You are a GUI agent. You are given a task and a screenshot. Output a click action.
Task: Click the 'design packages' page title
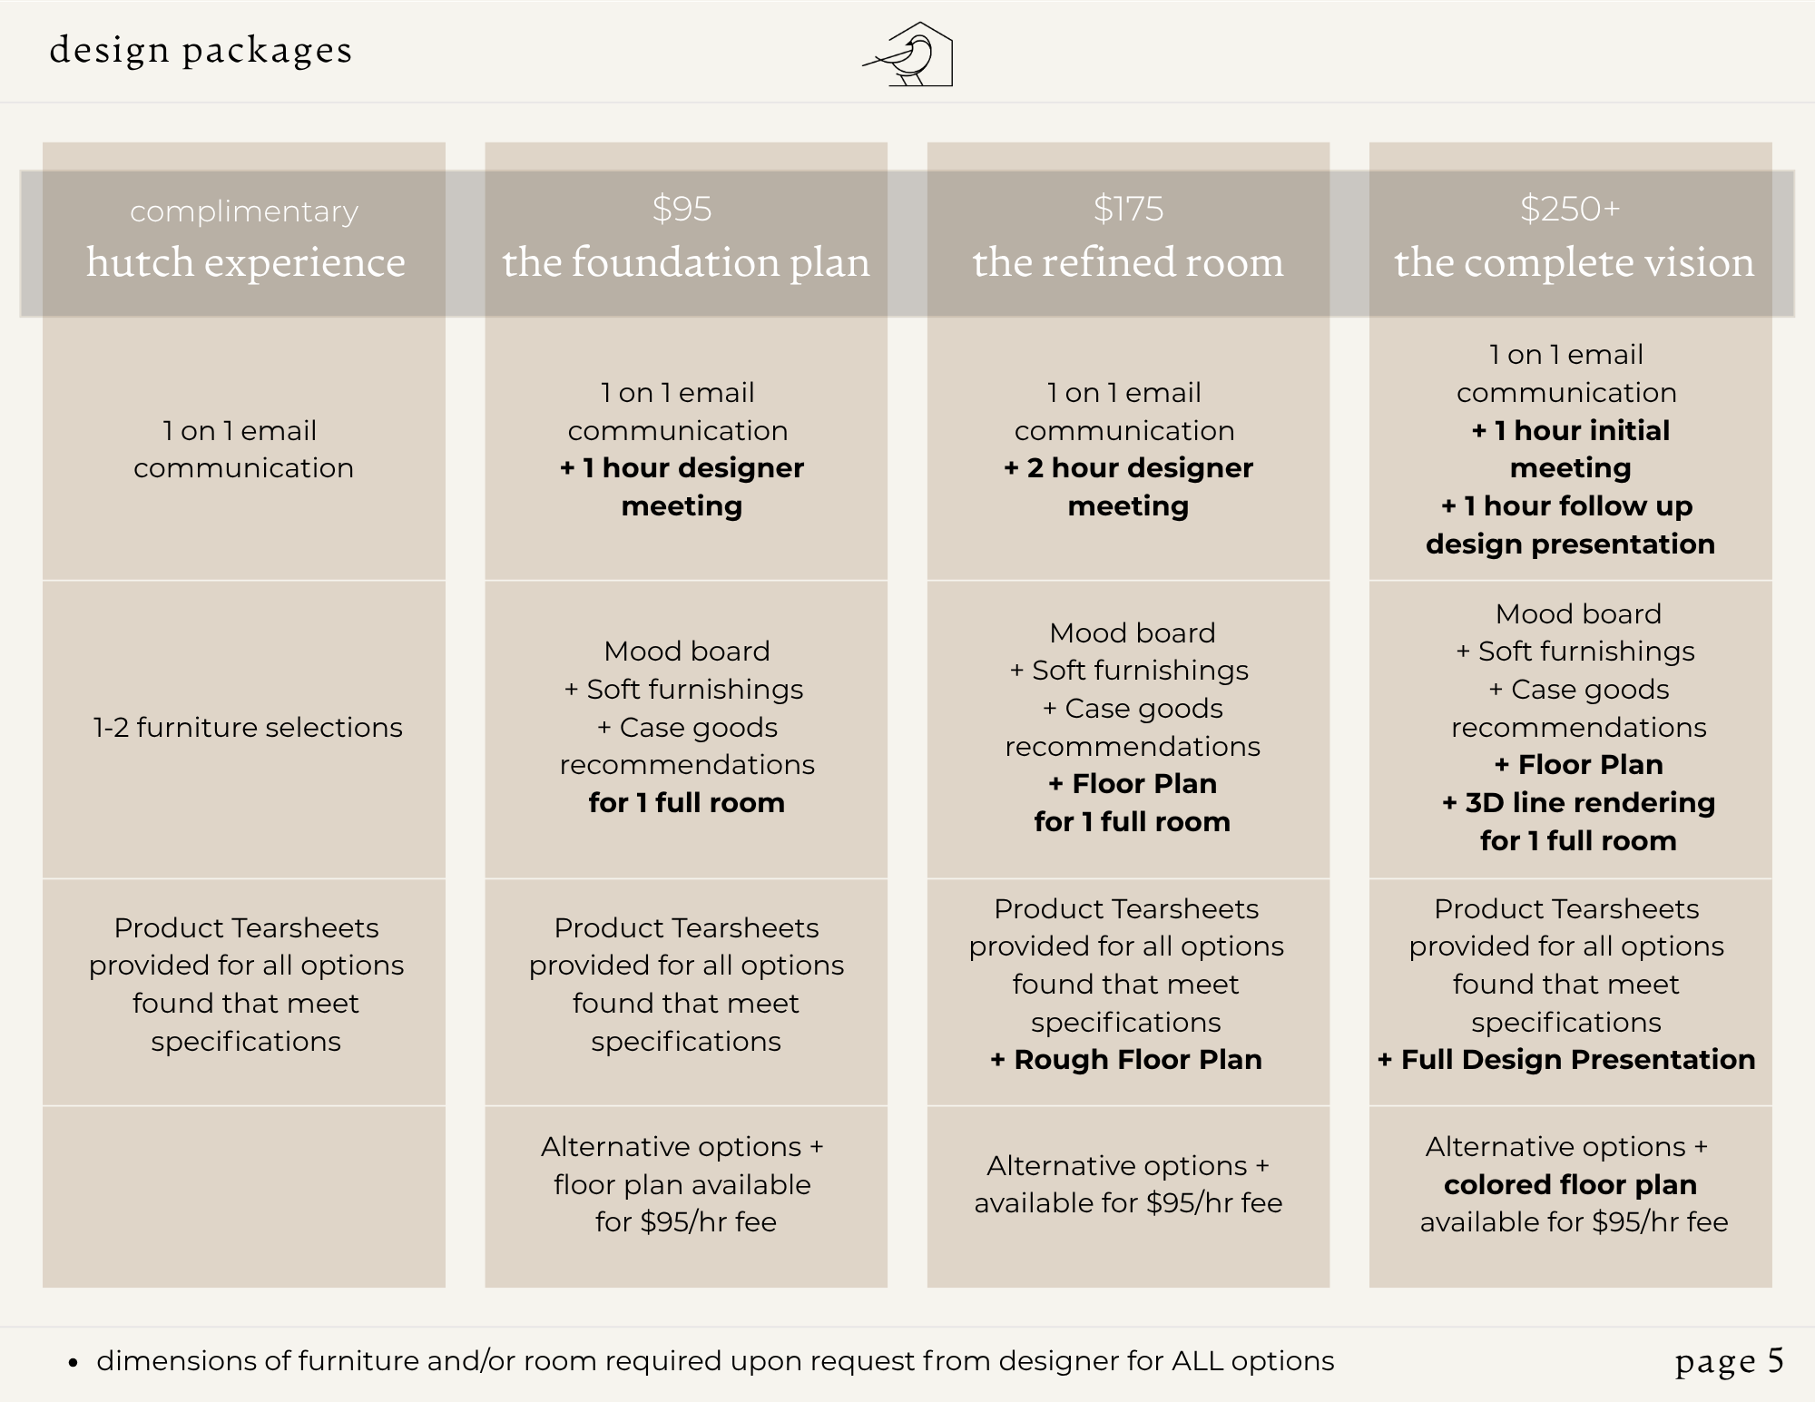(201, 50)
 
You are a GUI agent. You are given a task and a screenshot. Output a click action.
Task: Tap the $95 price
(682, 209)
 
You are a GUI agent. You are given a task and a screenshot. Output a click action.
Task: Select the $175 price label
(1128, 209)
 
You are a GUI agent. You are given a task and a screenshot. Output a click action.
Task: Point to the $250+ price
(1570, 209)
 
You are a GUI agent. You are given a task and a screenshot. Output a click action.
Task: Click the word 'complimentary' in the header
(244, 211)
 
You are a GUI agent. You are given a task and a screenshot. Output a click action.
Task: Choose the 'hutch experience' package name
(246, 262)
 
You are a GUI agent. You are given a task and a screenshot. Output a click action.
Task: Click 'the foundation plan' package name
(686, 262)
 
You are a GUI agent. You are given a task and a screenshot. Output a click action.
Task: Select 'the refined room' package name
(1128, 262)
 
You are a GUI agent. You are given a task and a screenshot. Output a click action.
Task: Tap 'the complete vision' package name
(1574, 262)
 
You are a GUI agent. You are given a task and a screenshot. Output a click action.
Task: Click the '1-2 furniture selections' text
(247, 727)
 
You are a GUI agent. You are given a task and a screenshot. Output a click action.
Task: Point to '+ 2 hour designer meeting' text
(1128, 486)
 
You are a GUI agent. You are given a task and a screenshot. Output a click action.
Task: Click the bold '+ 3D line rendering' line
(1578, 802)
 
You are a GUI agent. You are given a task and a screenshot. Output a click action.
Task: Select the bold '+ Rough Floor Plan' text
(1125, 1059)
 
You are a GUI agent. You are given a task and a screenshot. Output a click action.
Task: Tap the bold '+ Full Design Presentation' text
(1566, 1059)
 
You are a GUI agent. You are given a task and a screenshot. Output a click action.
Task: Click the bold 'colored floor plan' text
(1570, 1184)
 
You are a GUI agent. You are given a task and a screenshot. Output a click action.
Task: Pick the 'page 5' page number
(1729, 1360)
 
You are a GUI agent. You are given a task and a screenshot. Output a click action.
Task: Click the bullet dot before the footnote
(74, 1363)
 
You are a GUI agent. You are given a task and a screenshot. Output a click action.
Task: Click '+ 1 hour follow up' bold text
(1566, 505)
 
